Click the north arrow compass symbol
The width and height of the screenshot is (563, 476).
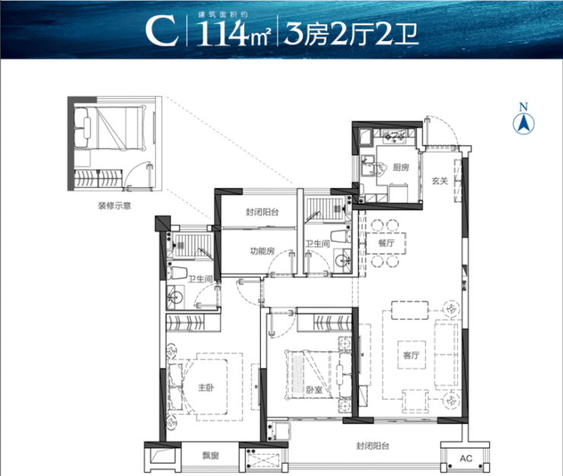(523, 119)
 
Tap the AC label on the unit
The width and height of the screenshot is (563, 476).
(466, 459)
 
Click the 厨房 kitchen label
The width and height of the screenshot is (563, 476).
(401, 167)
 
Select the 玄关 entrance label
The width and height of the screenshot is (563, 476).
(440, 181)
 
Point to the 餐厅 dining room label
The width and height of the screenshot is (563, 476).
(386, 243)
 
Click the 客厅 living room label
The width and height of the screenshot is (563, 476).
(411, 355)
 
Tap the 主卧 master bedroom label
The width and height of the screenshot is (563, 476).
(206, 387)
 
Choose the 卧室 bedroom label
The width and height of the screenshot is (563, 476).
(314, 389)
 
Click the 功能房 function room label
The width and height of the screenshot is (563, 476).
(262, 251)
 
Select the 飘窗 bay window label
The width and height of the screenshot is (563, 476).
(211, 456)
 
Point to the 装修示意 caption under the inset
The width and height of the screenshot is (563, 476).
(115, 206)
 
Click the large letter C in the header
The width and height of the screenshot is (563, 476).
(162, 31)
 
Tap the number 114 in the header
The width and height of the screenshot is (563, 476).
(221, 33)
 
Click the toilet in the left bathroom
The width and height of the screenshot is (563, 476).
(177, 272)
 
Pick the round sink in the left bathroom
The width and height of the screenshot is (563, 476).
(176, 297)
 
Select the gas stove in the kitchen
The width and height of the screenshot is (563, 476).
(394, 136)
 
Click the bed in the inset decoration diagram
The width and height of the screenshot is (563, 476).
(110, 128)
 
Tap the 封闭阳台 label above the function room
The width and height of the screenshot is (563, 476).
(262, 212)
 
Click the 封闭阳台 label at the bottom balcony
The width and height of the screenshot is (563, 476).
(373, 446)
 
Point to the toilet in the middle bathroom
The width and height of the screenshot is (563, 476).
(340, 236)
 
